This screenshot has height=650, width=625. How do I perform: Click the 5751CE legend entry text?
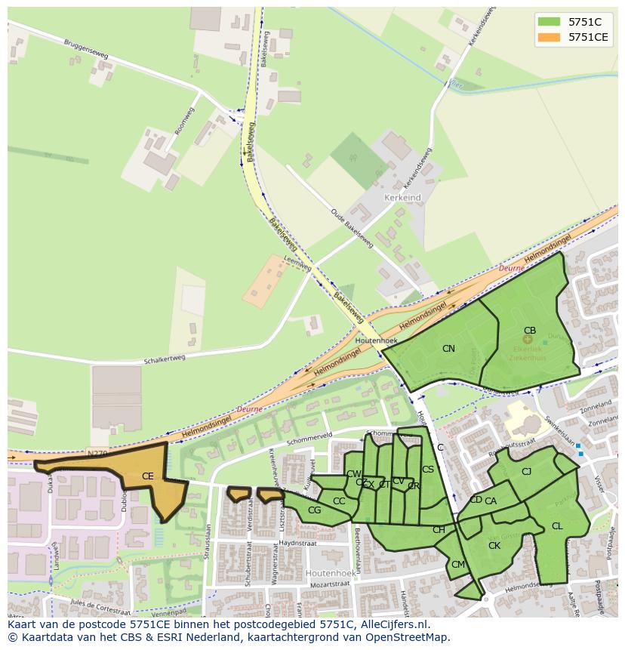click(589, 37)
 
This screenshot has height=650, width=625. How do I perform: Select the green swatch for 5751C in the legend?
click(549, 22)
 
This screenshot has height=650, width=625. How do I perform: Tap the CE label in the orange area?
click(148, 476)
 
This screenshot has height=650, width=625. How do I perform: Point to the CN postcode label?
click(448, 349)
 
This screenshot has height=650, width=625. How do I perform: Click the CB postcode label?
click(530, 331)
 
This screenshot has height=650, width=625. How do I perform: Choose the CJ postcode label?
click(527, 472)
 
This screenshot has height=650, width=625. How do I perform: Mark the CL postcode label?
click(557, 526)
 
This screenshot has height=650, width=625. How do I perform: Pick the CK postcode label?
click(494, 546)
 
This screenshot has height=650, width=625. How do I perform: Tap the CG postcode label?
click(315, 511)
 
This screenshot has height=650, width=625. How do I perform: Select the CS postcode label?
click(428, 470)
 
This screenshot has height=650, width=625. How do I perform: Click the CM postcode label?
click(458, 565)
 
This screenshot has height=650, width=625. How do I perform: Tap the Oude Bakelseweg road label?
click(352, 227)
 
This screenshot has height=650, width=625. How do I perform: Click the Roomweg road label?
click(184, 121)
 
